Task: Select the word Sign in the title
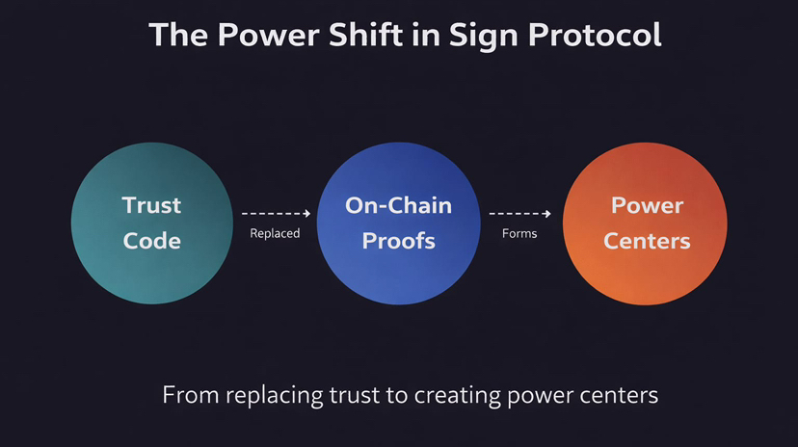point(468,35)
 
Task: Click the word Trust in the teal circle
point(152,204)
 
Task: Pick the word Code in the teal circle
point(152,240)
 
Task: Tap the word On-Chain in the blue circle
point(398,204)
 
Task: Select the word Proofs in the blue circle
point(398,240)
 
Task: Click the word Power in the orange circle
point(647,204)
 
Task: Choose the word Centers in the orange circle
point(647,240)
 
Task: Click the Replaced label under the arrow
point(275,233)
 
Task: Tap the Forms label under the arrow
point(519,233)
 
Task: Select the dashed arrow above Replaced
point(276,213)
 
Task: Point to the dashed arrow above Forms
point(520,213)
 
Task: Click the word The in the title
point(180,35)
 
